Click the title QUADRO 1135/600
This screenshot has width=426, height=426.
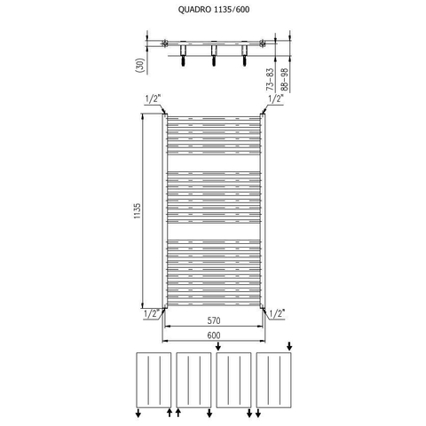214,10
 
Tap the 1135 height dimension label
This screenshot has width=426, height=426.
138,211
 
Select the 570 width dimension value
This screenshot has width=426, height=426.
214,320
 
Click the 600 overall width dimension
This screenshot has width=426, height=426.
214,335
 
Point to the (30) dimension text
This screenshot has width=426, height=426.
140,65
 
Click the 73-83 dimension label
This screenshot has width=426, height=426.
270,79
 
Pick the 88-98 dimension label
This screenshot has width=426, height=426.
284,79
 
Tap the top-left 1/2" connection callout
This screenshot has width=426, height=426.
153,99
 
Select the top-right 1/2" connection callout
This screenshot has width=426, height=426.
276,99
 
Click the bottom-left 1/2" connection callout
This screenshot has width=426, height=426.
152,313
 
